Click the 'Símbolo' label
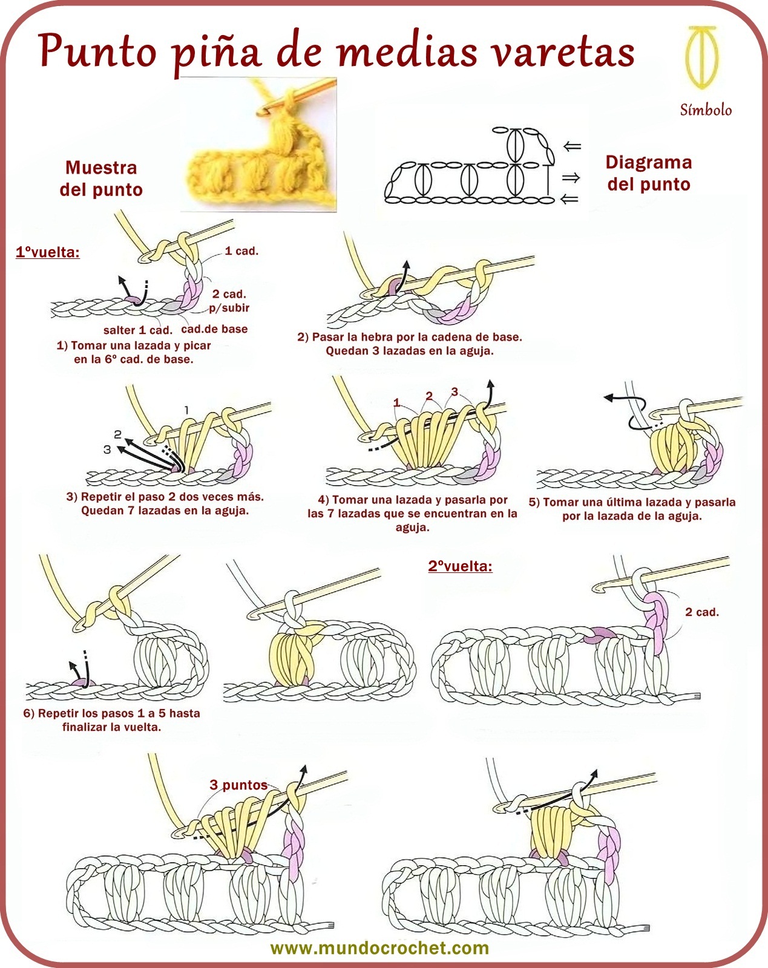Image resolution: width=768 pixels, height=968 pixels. [706, 110]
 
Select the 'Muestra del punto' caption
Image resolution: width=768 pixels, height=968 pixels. [101, 178]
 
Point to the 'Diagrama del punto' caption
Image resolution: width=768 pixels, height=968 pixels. [649, 173]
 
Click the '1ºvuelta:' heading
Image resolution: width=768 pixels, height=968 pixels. [47, 252]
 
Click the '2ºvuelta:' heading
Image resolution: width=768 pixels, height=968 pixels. [460, 566]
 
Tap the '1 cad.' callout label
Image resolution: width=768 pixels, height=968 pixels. [241, 251]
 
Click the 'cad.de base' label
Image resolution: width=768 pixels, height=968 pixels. [214, 329]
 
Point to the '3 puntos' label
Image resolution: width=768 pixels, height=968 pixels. [238, 785]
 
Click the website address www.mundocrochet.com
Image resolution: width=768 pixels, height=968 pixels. [379, 948]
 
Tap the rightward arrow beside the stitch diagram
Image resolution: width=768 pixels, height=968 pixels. [571, 177]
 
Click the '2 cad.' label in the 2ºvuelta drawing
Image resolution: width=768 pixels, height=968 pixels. [701, 612]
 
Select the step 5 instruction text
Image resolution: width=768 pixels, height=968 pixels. [632, 509]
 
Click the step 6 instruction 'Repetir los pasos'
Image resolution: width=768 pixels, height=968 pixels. [111, 720]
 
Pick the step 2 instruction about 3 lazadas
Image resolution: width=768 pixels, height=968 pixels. [410, 344]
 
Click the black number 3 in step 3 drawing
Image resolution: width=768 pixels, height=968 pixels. [107, 450]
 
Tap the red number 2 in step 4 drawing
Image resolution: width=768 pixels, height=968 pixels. [429, 396]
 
